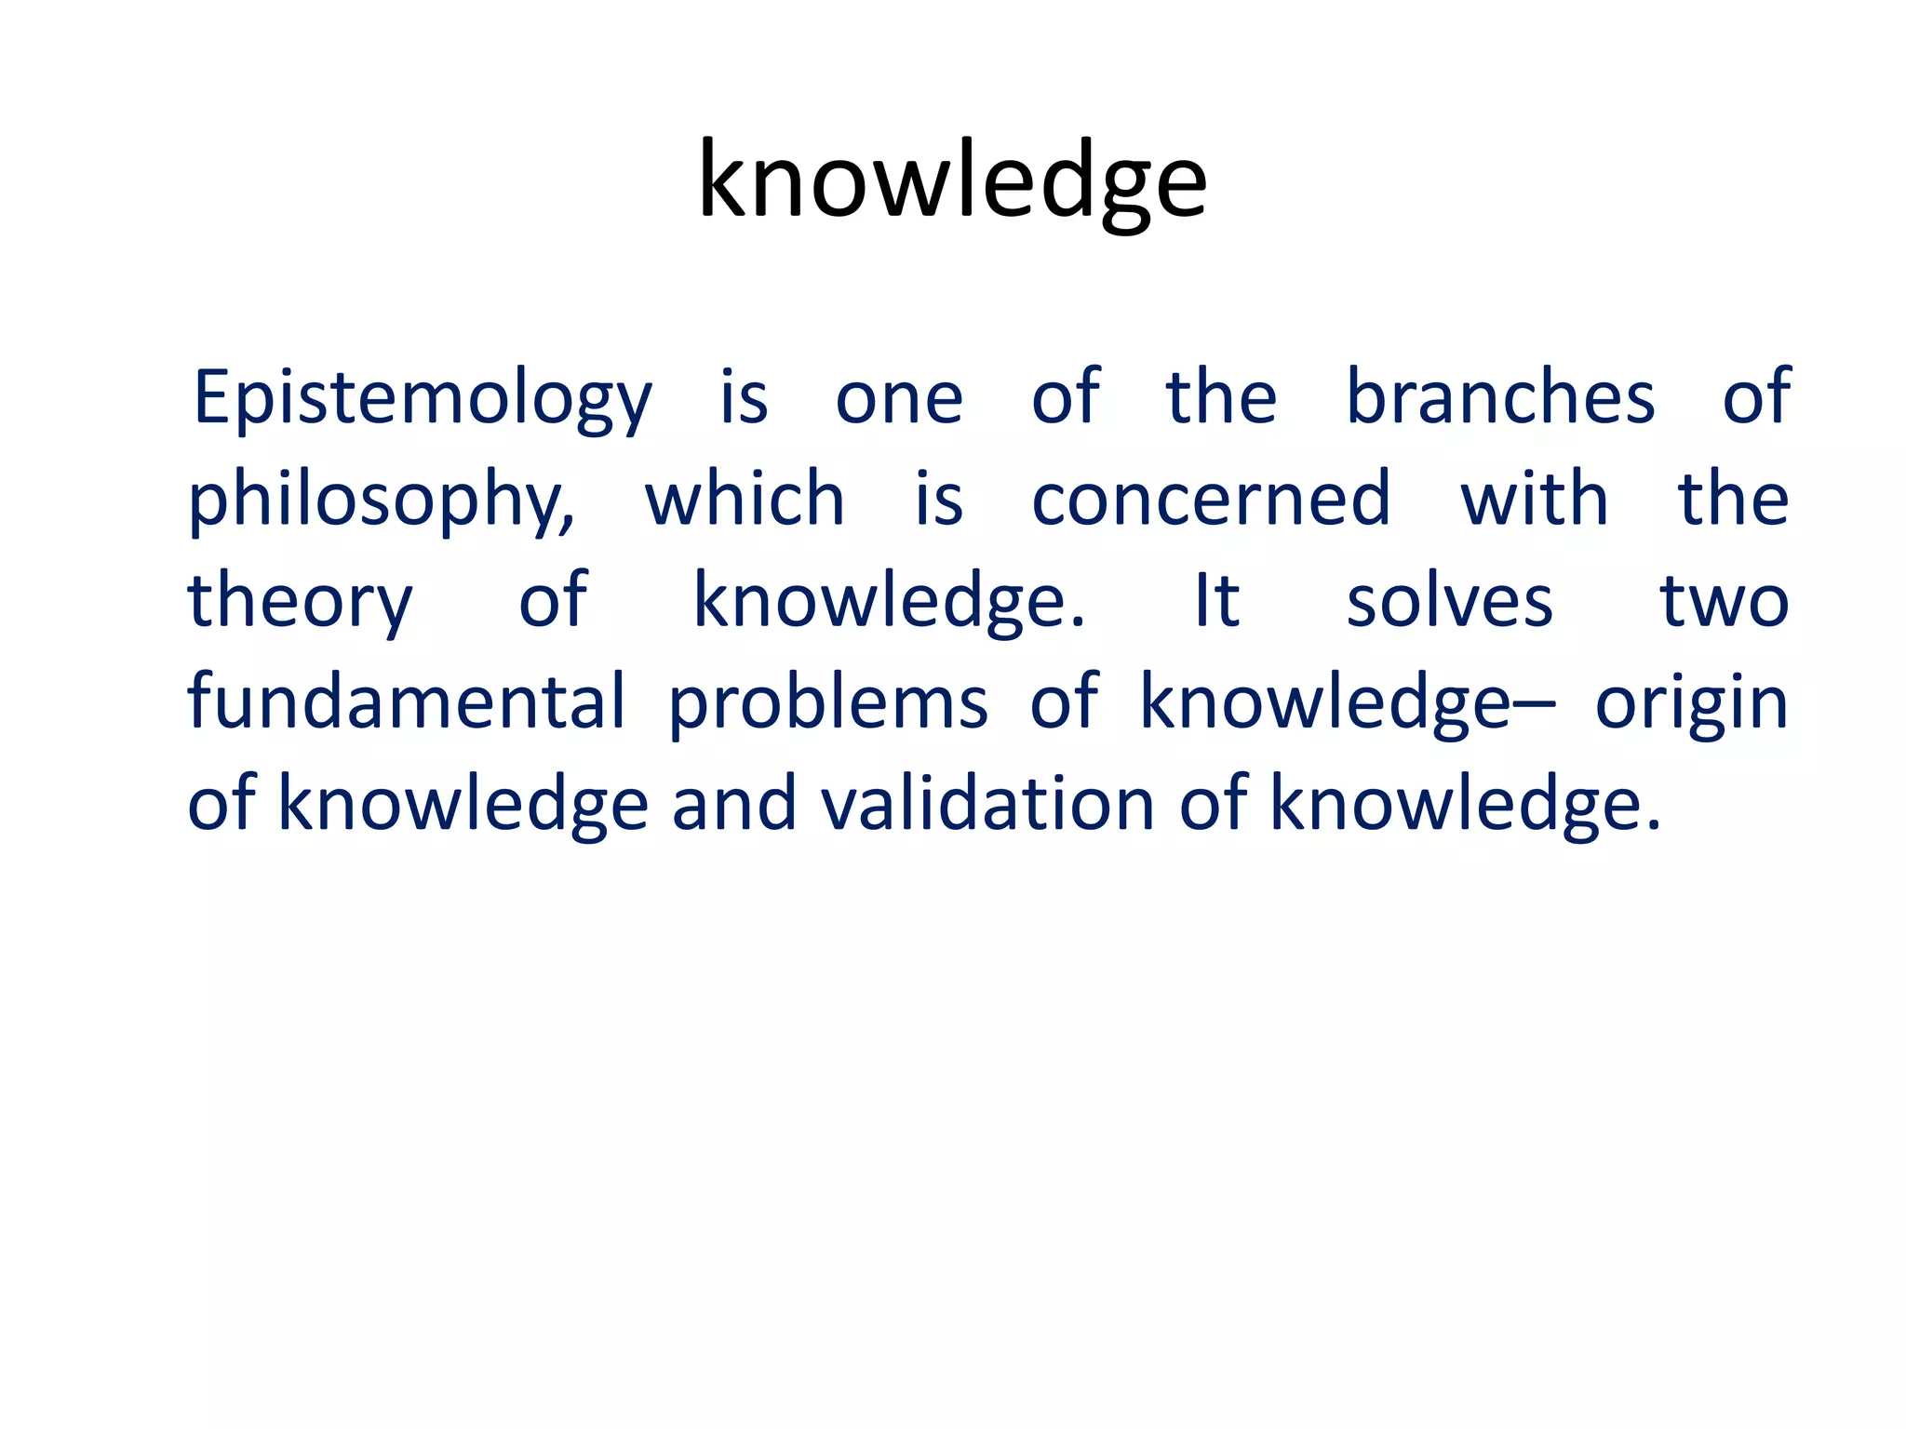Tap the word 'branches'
tap(1500, 398)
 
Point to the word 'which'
tap(745, 500)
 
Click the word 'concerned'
tap(1211, 500)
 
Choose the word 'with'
tap(1534, 500)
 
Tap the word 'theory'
tap(300, 603)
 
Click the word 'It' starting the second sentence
tap(1216, 601)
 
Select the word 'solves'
tap(1449, 601)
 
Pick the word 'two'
tap(1724, 601)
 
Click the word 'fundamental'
tap(407, 702)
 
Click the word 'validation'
tap(987, 804)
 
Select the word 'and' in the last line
tap(734, 804)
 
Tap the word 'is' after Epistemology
tap(745, 398)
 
